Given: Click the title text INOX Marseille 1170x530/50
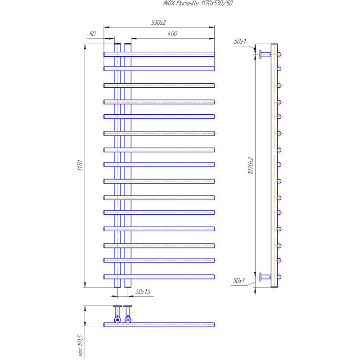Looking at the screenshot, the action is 198,3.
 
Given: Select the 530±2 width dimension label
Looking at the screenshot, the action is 159,22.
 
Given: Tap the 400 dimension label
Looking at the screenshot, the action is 172,34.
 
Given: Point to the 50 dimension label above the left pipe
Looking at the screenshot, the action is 92,34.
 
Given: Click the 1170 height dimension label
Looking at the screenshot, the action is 80,165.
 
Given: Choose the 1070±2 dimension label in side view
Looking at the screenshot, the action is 251,166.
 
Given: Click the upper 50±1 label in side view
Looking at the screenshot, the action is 240,41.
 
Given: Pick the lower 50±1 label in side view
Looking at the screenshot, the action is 239,280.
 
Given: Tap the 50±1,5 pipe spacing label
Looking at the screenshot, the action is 143,292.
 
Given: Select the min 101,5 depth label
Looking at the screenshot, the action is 80,345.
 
